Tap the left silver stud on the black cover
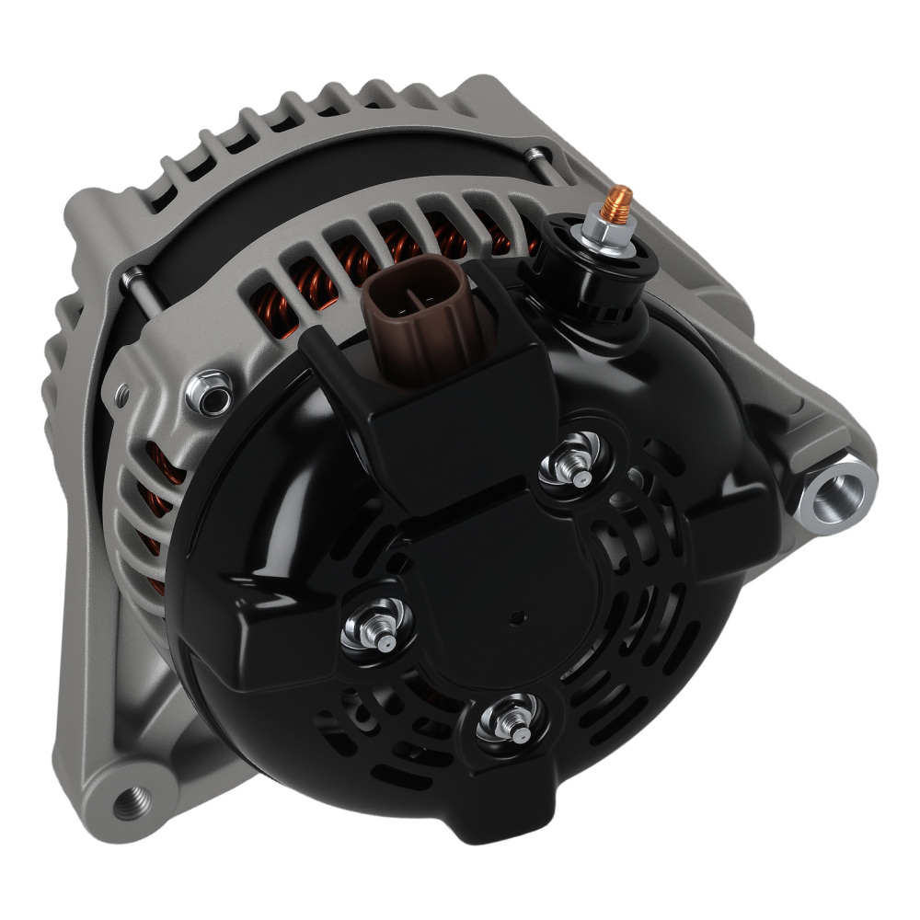[378, 630]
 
